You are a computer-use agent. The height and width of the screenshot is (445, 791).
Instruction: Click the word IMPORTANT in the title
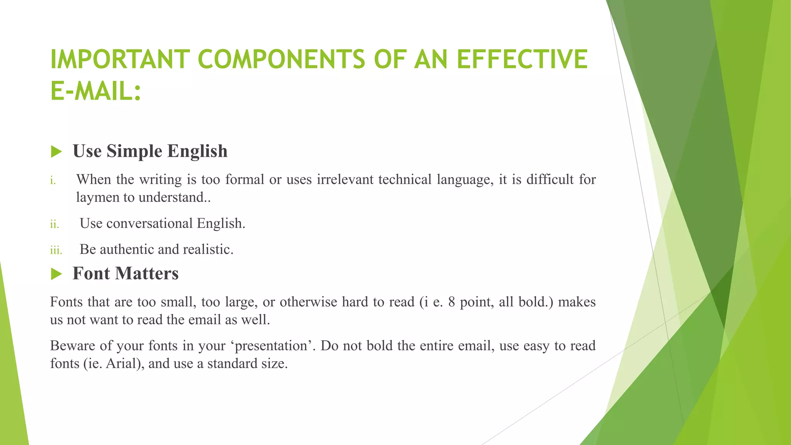pyautogui.click(x=120, y=60)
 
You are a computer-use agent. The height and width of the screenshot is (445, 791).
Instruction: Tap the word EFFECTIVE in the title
pyautogui.click(x=522, y=60)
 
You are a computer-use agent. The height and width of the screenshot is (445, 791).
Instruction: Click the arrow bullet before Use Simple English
pyautogui.click(x=56, y=151)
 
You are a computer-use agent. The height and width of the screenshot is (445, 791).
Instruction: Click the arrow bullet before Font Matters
pyautogui.click(x=56, y=274)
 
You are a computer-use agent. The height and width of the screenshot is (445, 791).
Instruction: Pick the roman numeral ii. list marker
pyautogui.click(x=54, y=224)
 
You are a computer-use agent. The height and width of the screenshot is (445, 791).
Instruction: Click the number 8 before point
pyautogui.click(x=452, y=302)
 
